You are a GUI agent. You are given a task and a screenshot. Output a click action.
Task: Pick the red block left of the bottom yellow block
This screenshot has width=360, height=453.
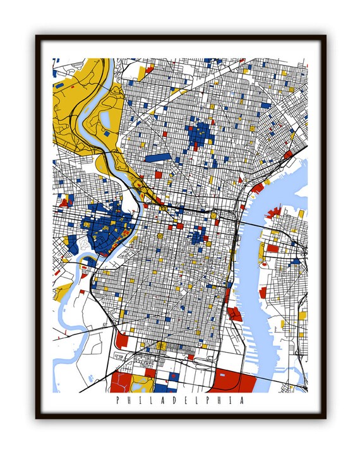point(121,383)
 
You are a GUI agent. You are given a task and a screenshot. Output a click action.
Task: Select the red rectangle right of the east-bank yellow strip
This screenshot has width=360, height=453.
point(273,248)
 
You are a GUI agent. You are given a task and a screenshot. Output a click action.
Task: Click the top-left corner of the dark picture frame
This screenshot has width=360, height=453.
point(37,37)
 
